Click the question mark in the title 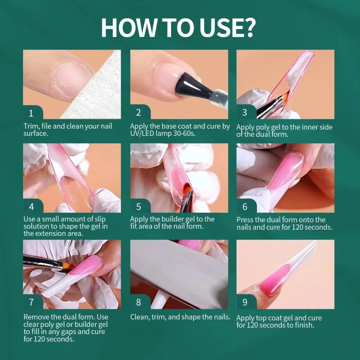(x=248, y=27)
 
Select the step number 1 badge (x=31, y=113)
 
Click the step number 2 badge (x=138, y=113)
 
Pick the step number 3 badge (x=245, y=113)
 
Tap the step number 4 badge (x=31, y=207)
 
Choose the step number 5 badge (x=138, y=207)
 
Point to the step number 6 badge (x=245, y=207)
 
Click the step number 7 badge (x=31, y=302)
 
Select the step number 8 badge (x=138, y=302)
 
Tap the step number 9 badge (x=245, y=302)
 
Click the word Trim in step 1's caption (x=31, y=126)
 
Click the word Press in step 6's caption (x=245, y=220)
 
